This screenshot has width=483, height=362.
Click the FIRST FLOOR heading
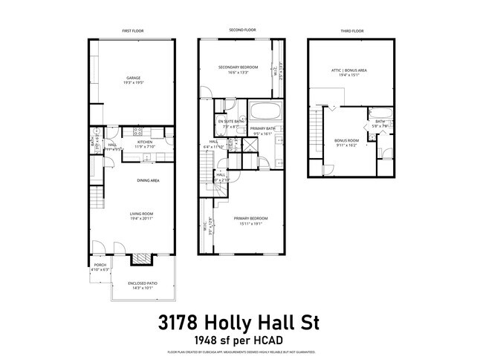(x=134, y=30)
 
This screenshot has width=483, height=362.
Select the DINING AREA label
(x=149, y=180)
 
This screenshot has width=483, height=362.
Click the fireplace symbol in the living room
(x=140, y=259)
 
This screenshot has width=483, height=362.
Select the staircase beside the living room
(x=95, y=199)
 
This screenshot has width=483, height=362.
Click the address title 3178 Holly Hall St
(x=241, y=324)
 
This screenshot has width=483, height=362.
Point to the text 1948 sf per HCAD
(x=241, y=340)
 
